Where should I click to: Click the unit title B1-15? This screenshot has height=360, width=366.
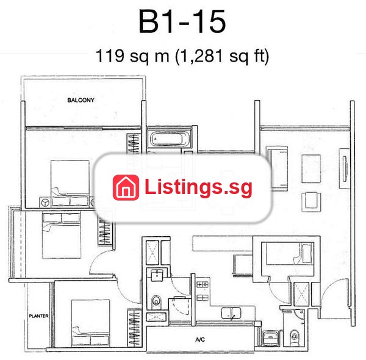point(182,21)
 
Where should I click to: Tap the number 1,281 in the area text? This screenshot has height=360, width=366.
point(200,56)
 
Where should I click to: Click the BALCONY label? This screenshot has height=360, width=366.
point(81,100)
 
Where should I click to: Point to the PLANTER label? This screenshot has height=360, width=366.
point(38,316)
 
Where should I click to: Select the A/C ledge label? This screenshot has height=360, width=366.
point(200,339)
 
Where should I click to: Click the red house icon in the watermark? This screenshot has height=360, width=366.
point(126,187)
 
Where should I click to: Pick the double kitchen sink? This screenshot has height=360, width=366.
point(231,313)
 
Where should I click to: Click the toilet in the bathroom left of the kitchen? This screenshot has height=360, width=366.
point(156,301)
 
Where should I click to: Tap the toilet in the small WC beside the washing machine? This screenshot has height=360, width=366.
point(295,336)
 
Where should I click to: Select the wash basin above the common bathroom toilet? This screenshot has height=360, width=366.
point(157,275)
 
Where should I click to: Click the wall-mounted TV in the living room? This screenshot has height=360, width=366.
point(345,168)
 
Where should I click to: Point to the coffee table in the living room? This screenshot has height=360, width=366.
point(311,168)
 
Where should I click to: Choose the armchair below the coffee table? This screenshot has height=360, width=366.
point(311,202)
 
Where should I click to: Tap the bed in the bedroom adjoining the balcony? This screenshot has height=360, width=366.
point(70,183)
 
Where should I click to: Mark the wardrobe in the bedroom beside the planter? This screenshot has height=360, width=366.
point(134,328)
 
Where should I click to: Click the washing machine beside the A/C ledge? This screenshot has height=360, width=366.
point(270,337)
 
